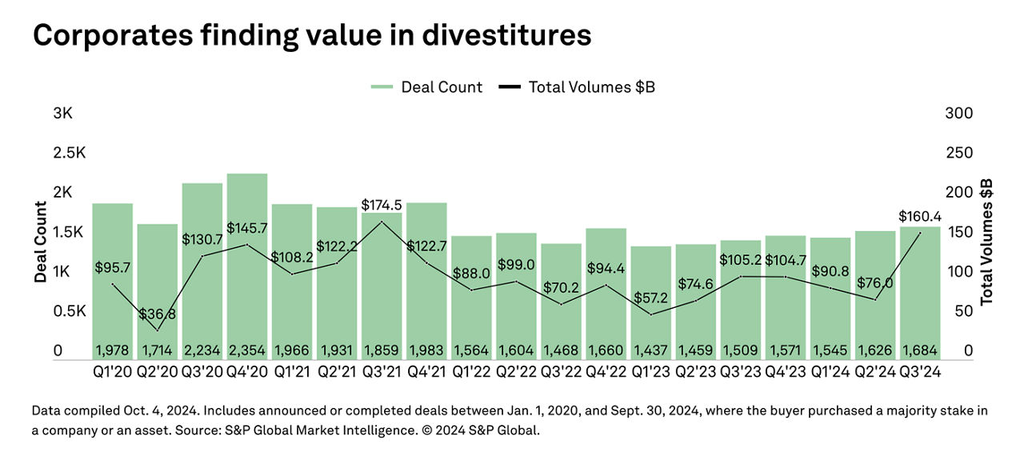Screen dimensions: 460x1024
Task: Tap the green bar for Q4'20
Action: click(247, 264)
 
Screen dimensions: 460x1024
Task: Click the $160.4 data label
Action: click(919, 216)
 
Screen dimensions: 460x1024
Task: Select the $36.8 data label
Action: click(157, 314)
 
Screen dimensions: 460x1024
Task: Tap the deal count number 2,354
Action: click(247, 350)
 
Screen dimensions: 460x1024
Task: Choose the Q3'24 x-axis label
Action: click(919, 373)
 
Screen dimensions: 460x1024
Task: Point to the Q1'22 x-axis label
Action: click(470, 373)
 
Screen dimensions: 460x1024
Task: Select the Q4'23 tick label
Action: click(785, 373)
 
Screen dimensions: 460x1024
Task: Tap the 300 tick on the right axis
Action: click(958, 114)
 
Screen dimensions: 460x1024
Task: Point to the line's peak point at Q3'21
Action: click(382, 222)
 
